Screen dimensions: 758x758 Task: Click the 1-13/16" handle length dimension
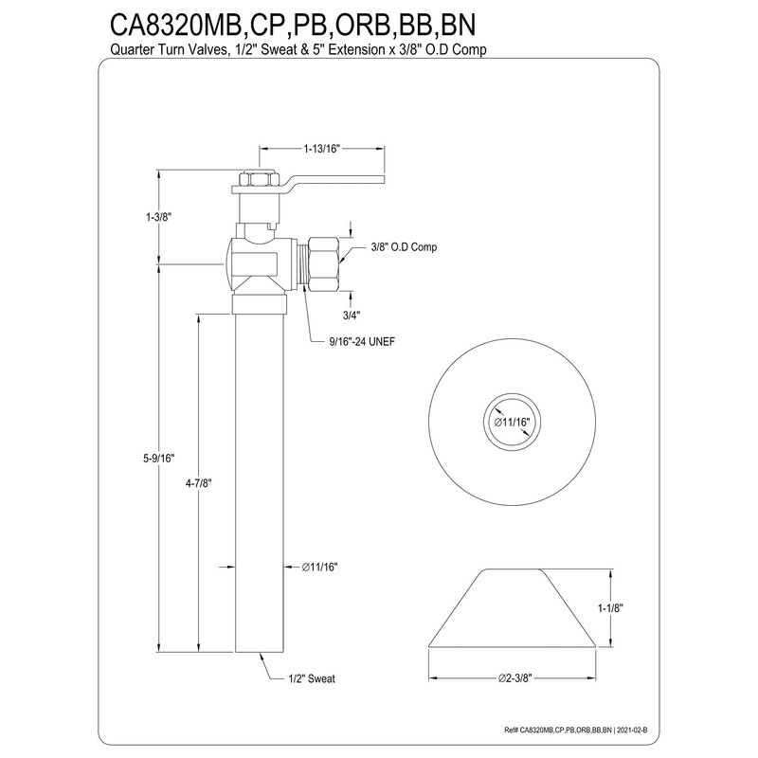click(321, 149)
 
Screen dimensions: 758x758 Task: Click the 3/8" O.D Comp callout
click(397, 247)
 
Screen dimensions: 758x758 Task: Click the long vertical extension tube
click(261, 474)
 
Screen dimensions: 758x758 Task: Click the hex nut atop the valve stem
click(255, 178)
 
